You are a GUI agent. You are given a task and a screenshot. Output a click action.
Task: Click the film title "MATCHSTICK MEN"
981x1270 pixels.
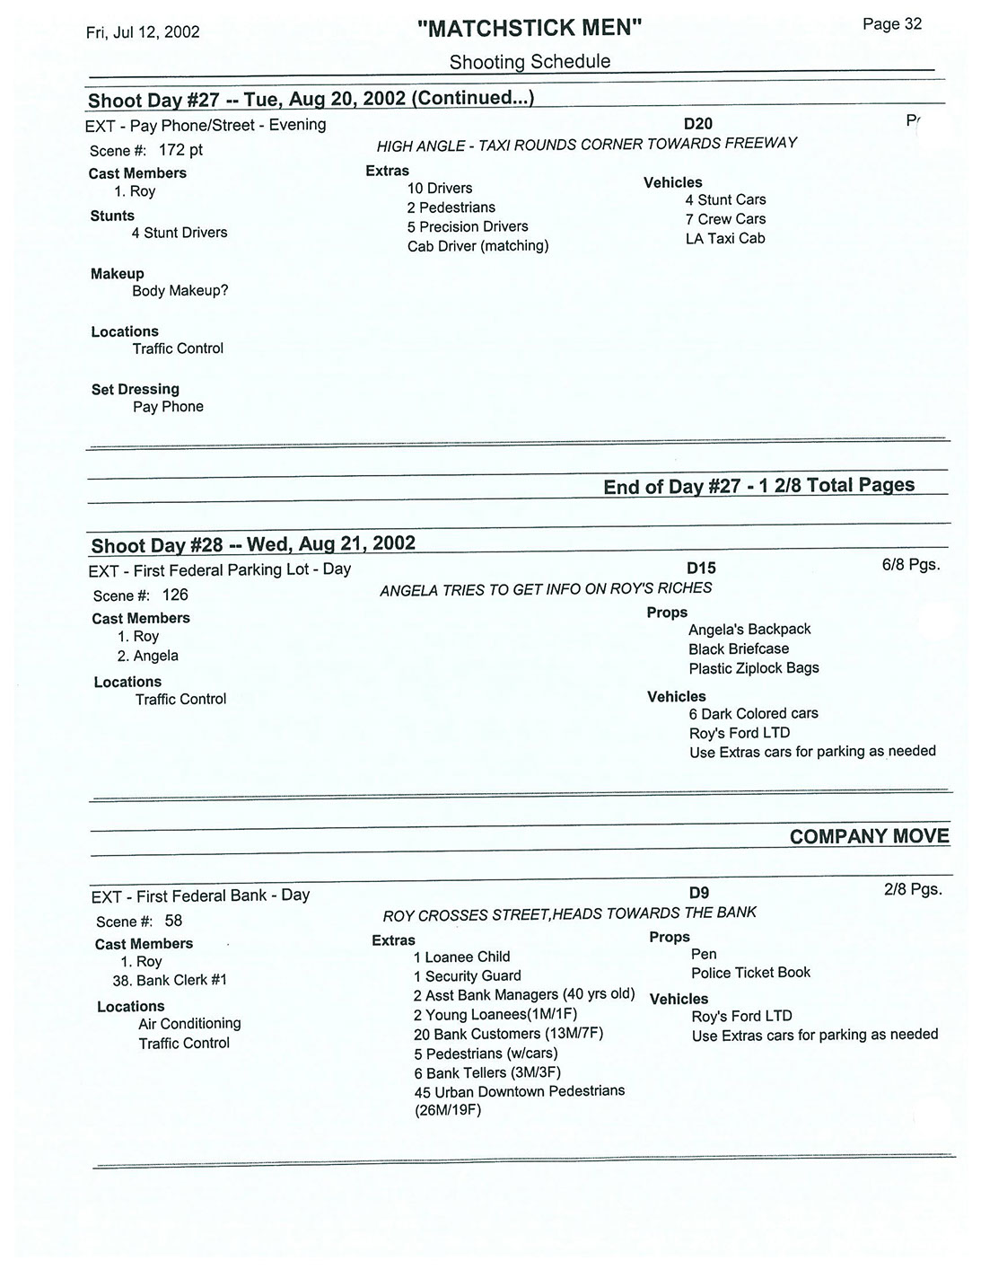pos(530,29)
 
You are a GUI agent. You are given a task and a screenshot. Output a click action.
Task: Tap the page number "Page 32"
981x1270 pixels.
pos(891,24)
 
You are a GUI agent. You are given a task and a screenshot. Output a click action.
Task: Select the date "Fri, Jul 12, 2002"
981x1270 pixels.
pos(143,32)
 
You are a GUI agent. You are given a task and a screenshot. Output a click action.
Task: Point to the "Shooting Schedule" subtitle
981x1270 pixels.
pos(530,62)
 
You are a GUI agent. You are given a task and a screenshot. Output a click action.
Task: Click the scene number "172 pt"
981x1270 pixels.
pos(180,150)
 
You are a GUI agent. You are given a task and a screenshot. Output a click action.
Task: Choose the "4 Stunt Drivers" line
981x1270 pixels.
pos(180,233)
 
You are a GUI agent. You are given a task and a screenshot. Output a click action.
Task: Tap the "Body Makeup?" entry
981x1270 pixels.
pos(180,291)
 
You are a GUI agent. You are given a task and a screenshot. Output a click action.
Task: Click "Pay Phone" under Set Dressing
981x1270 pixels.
pos(168,407)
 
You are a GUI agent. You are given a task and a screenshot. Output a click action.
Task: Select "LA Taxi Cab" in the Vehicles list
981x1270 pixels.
pos(725,239)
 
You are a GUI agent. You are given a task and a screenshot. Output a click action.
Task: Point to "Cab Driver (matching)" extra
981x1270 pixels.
pos(477,246)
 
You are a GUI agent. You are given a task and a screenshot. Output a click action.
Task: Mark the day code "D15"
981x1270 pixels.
pos(701,569)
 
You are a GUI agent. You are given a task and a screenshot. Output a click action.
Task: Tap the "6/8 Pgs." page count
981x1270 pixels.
pos(911,566)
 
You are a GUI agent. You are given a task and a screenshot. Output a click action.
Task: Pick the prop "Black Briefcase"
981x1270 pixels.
pos(739,649)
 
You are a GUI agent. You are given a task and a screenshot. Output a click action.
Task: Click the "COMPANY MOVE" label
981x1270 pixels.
pos(869,837)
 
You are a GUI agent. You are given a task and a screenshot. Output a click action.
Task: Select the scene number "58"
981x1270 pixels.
pos(173,921)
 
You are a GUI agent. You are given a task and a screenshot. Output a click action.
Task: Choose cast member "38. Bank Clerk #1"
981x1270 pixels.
pos(170,981)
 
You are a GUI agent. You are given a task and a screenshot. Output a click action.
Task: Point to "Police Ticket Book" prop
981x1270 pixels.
pos(750,973)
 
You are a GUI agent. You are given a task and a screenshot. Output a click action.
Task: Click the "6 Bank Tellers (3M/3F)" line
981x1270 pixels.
pos(486,1073)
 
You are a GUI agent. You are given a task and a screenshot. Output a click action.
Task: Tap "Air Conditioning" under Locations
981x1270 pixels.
pos(189,1024)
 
